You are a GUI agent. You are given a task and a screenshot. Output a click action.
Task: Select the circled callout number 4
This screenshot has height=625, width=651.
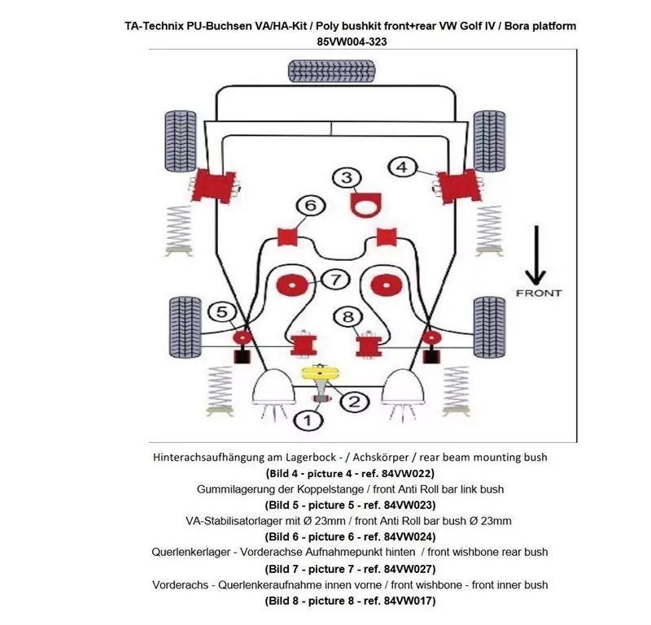click(401, 167)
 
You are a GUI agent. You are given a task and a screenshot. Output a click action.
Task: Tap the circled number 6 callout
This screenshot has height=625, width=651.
click(309, 206)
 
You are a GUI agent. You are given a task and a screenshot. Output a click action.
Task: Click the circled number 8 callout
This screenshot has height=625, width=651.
click(347, 317)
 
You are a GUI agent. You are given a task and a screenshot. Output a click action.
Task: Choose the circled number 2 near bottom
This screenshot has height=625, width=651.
click(355, 401)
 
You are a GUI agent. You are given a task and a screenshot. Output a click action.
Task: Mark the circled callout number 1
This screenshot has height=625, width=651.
click(307, 420)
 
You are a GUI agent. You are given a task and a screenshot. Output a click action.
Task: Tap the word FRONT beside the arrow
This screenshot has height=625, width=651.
click(539, 293)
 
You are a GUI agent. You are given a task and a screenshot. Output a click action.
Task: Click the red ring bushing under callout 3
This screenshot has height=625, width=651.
click(365, 204)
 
